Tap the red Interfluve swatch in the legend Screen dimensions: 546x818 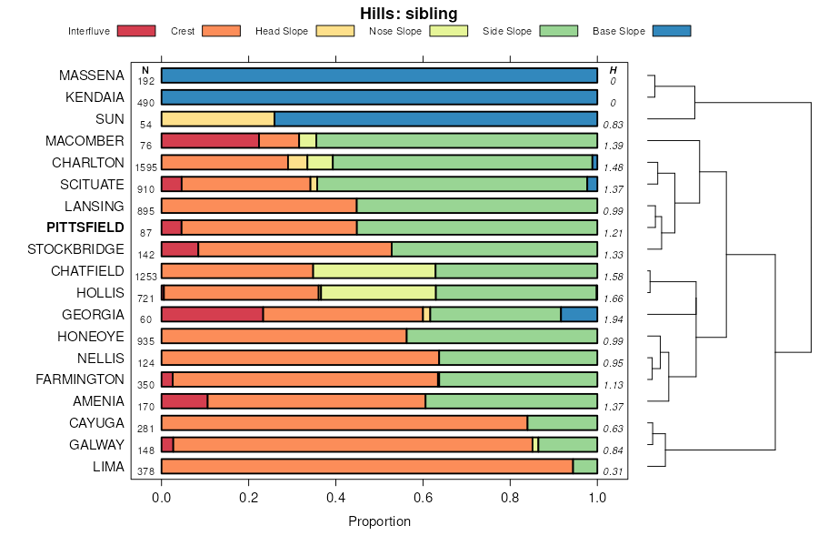136,31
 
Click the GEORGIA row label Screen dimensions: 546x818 93,314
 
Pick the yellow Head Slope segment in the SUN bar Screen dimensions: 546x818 218,119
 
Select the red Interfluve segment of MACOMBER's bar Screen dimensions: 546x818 210,140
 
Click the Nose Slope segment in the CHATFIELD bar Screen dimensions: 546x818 374,270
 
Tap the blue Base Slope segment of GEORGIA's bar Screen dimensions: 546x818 579,314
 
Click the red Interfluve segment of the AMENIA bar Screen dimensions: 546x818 185,401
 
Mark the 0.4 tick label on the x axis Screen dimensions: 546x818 336,498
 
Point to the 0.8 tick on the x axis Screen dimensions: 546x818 511,498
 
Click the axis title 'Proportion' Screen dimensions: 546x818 380,521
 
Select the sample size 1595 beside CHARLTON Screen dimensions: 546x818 146,167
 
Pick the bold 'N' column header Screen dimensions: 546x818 145,70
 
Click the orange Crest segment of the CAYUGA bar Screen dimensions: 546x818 344,422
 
